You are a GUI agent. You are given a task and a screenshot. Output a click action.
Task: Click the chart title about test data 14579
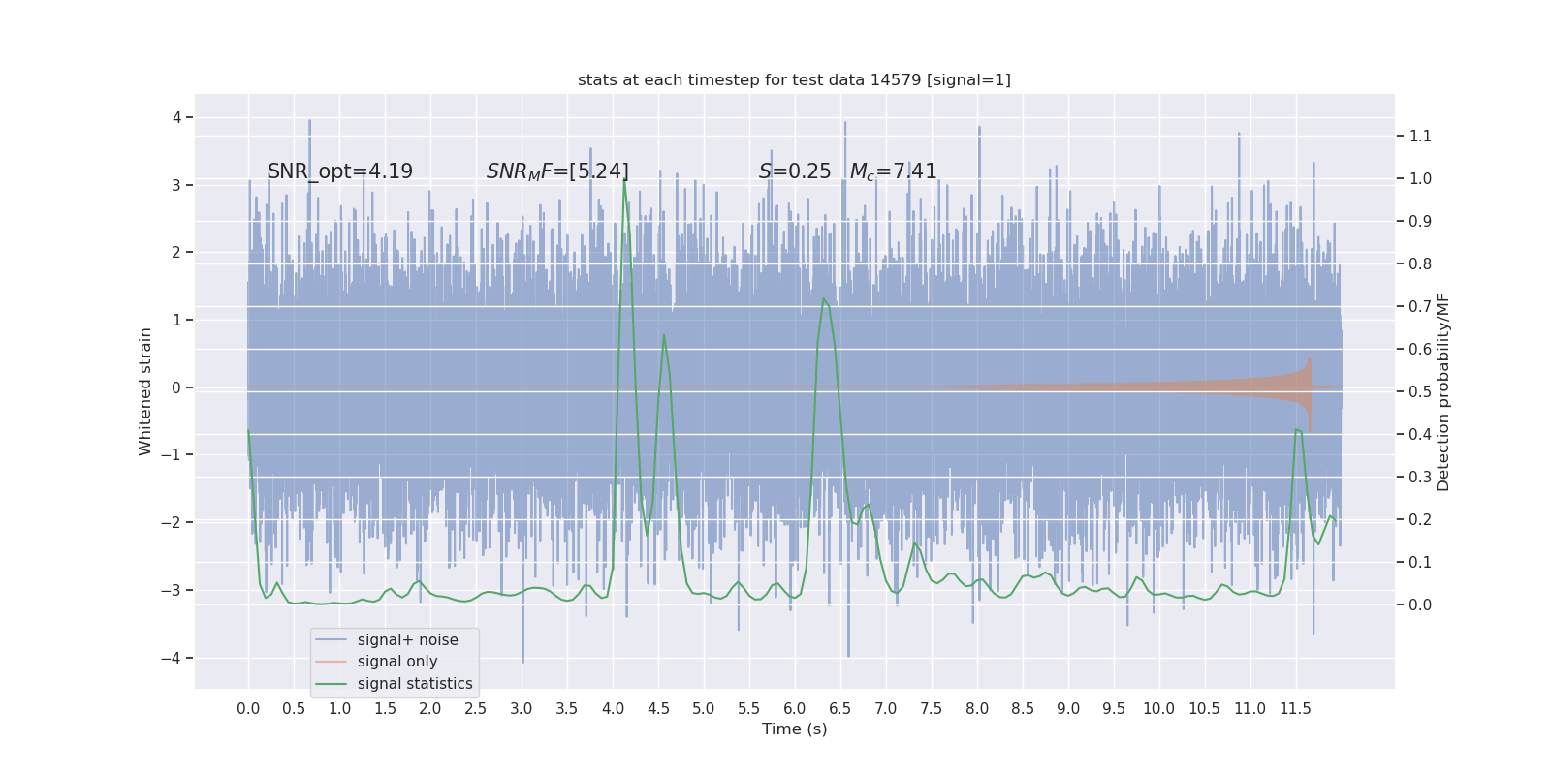[x=794, y=79]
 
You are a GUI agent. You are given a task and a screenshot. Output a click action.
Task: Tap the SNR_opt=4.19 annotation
[x=339, y=171]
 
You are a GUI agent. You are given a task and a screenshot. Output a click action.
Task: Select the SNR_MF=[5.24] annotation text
[x=557, y=171]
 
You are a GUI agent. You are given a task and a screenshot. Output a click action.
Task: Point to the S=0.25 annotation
[x=795, y=171]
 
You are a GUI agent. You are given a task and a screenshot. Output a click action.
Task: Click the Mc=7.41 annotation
[x=893, y=171]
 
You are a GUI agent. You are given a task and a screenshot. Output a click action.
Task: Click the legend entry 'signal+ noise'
[x=407, y=639]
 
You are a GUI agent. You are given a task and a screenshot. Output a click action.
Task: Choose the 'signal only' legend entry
[x=397, y=662]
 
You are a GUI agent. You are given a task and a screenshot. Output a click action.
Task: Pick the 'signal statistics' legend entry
[x=415, y=684]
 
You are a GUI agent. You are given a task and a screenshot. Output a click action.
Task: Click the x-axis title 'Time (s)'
[x=794, y=728]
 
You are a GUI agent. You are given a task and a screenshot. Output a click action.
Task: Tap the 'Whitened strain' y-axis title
[x=145, y=391]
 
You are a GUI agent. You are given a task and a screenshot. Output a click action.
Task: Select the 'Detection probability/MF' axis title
[x=1443, y=391]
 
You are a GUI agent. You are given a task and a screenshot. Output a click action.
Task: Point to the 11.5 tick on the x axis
[x=1295, y=708]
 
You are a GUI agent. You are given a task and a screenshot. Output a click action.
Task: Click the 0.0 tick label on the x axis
[x=248, y=708]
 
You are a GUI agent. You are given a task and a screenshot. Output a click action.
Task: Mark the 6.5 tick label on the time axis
[x=839, y=708]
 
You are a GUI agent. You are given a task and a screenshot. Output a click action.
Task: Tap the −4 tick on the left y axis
[x=175, y=658]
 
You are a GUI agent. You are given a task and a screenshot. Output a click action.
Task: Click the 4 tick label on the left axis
[x=177, y=117]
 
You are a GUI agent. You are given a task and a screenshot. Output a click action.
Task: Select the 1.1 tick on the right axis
[x=1420, y=136]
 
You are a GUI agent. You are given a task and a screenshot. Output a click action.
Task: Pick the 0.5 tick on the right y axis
[x=1420, y=391]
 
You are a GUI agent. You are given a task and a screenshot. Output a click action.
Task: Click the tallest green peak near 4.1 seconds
[x=623, y=181]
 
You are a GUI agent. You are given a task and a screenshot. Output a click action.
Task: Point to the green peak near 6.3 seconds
[x=823, y=299]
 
